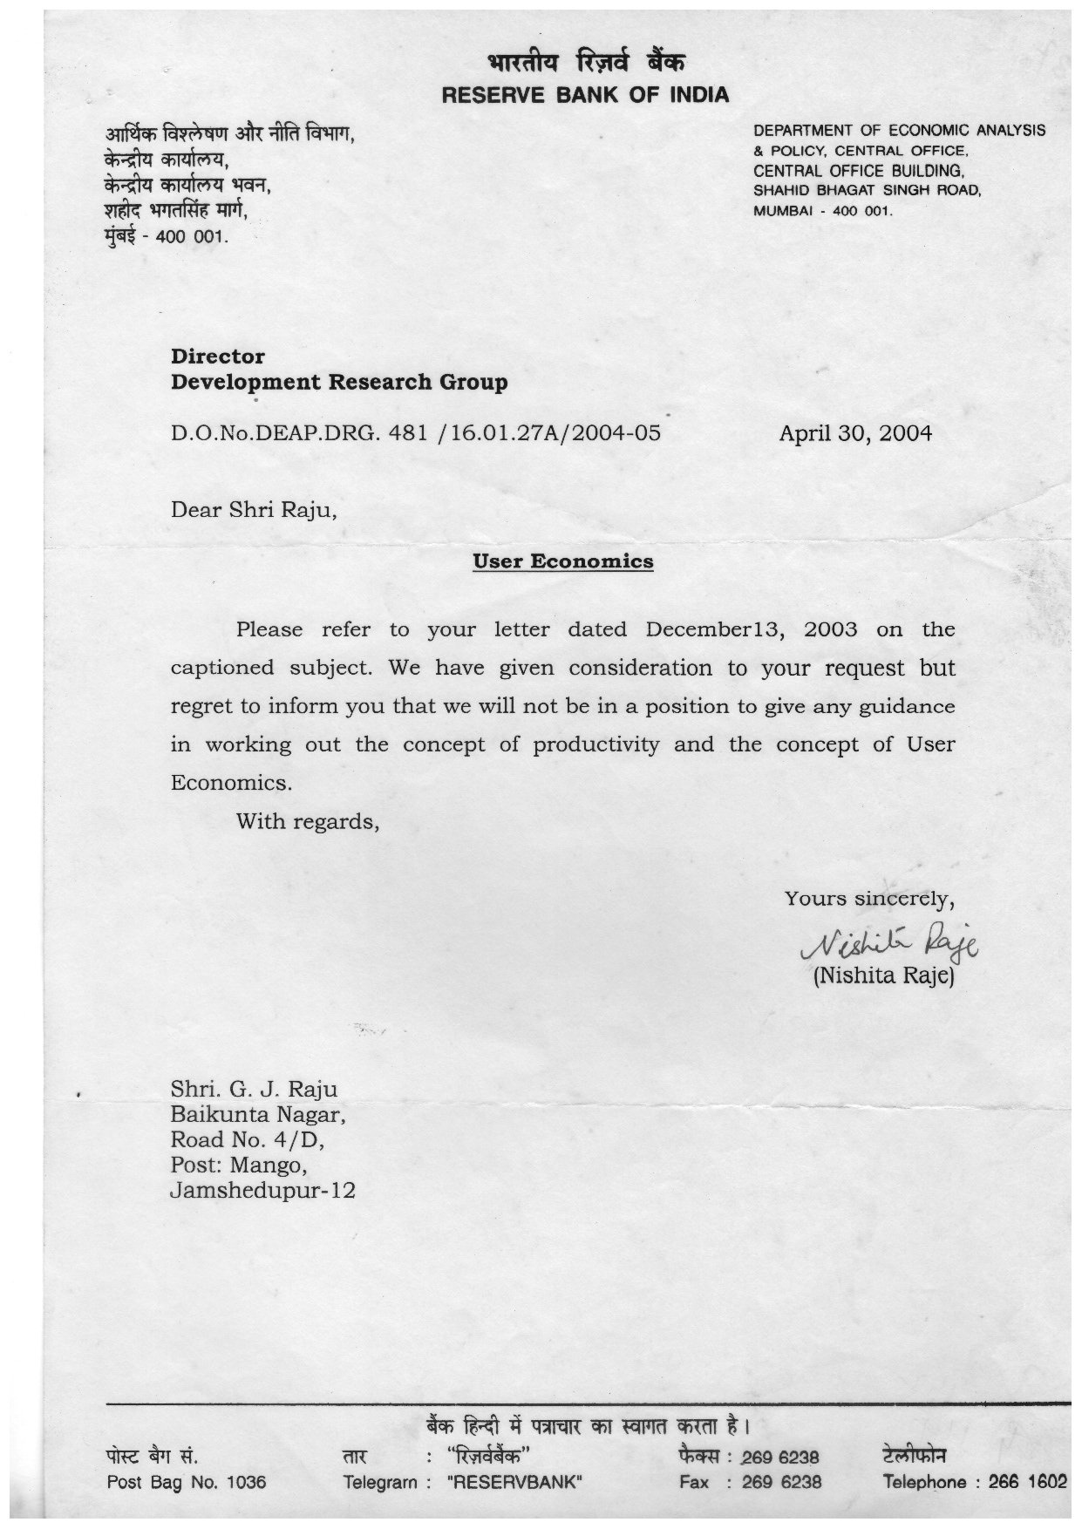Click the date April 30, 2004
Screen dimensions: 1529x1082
pyautogui.click(x=854, y=433)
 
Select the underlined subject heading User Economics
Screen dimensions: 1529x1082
pyautogui.click(x=562, y=561)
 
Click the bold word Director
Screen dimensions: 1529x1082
pyautogui.click(x=217, y=357)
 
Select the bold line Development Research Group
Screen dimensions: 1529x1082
pyautogui.click(x=338, y=382)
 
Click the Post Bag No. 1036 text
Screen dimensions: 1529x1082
pyautogui.click(x=186, y=1482)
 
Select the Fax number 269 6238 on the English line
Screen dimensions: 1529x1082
pyautogui.click(x=781, y=1482)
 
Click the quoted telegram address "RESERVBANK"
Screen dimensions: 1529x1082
pyautogui.click(x=514, y=1482)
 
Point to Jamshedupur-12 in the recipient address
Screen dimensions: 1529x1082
pyautogui.click(x=262, y=1190)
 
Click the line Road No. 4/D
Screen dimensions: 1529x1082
pyautogui.click(x=248, y=1139)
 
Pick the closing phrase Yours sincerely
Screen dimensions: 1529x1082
pyautogui.click(x=869, y=899)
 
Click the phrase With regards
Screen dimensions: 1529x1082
pyautogui.click(x=307, y=821)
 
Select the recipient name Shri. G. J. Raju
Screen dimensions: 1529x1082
pyautogui.click(x=253, y=1089)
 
